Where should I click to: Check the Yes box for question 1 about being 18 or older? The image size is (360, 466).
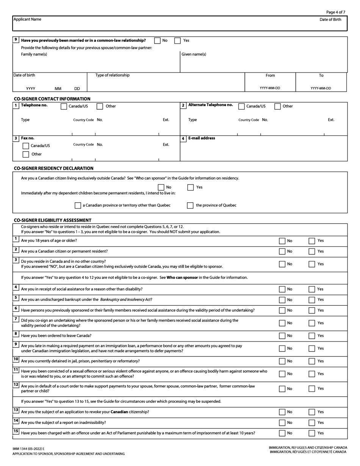pos(312,241)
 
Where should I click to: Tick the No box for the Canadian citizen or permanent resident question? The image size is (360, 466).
pos(282,252)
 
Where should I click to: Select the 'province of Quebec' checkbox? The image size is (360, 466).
pos(190,205)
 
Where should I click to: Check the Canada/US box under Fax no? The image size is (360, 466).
pos(26,146)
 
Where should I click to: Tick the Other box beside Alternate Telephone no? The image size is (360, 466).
pos(277,106)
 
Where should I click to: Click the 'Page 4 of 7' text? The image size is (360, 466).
pos(335,12)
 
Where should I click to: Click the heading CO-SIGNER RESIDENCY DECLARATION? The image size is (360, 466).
pos(53,168)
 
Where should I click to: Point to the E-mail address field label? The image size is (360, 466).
pos(202,138)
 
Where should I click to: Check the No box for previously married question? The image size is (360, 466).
pos(157,41)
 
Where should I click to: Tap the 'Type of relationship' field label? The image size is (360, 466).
pos(112,75)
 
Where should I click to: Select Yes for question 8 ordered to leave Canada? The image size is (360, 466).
pos(312,336)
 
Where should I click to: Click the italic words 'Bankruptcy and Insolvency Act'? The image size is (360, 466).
pos(125,300)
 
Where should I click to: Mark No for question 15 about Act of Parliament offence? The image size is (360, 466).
pos(282,433)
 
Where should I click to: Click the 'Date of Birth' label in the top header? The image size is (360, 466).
pos(330,20)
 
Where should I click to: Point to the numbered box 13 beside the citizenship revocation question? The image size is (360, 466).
pos(16,410)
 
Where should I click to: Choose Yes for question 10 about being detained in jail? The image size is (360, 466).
pos(312,361)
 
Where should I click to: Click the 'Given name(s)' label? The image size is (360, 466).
pos(194,54)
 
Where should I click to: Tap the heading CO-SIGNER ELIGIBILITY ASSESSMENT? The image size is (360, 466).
pos(52,220)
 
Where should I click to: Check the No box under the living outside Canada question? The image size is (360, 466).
pos(161,187)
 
